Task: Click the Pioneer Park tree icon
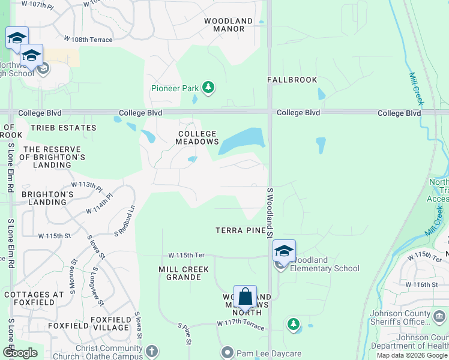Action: [208, 88]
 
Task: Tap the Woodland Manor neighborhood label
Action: [224, 25]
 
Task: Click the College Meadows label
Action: [197, 137]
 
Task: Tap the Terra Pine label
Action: [241, 230]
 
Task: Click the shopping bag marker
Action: [245, 297]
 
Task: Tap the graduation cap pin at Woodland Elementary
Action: [284, 251]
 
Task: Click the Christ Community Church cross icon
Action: [152, 350]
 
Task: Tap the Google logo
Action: [20, 353]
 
